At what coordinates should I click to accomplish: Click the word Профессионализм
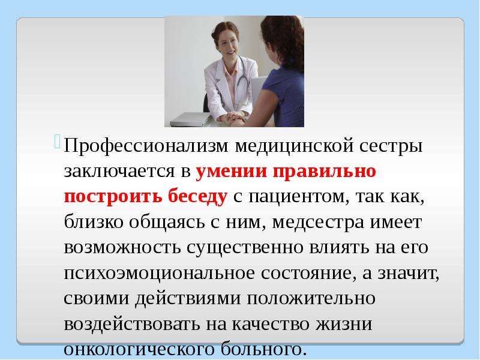146,145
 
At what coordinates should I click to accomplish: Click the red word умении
231,171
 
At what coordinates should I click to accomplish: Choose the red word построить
113,196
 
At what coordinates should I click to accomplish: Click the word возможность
122,247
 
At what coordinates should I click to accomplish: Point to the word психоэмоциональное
159,274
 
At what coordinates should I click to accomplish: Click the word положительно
311,298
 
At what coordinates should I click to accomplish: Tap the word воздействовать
132,324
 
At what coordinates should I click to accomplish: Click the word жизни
344,324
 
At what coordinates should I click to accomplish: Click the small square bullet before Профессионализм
58,142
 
